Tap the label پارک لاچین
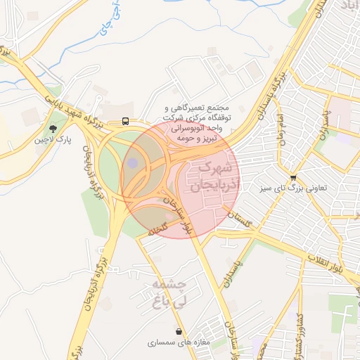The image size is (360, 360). [x=53, y=141]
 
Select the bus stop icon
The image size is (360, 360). [x=125, y=121]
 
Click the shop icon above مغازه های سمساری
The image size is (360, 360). [x=179, y=330]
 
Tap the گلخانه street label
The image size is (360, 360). [x=155, y=231]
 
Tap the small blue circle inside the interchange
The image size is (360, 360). [x=132, y=163]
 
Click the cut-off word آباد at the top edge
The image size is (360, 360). [x=347, y=5]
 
